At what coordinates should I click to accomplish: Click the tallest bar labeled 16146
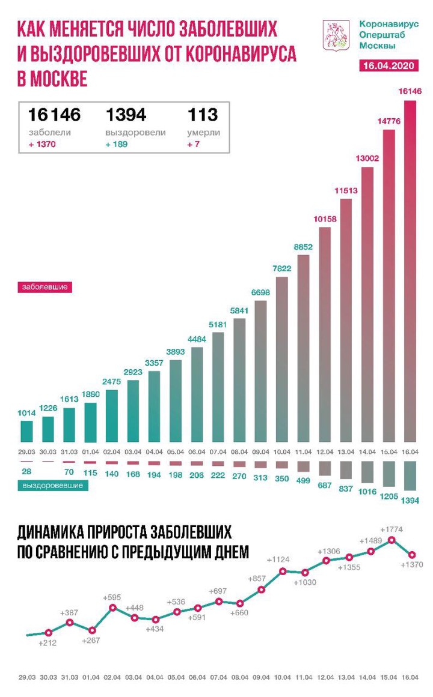[410, 270]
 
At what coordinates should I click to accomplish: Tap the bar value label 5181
[218, 325]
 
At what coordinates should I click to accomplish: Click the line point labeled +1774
[391, 540]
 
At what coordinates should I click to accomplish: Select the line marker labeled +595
[112, 608]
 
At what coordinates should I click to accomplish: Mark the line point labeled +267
[91, 630]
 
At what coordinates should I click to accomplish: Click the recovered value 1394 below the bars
[410, 499]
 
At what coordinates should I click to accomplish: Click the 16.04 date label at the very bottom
[410, 675]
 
